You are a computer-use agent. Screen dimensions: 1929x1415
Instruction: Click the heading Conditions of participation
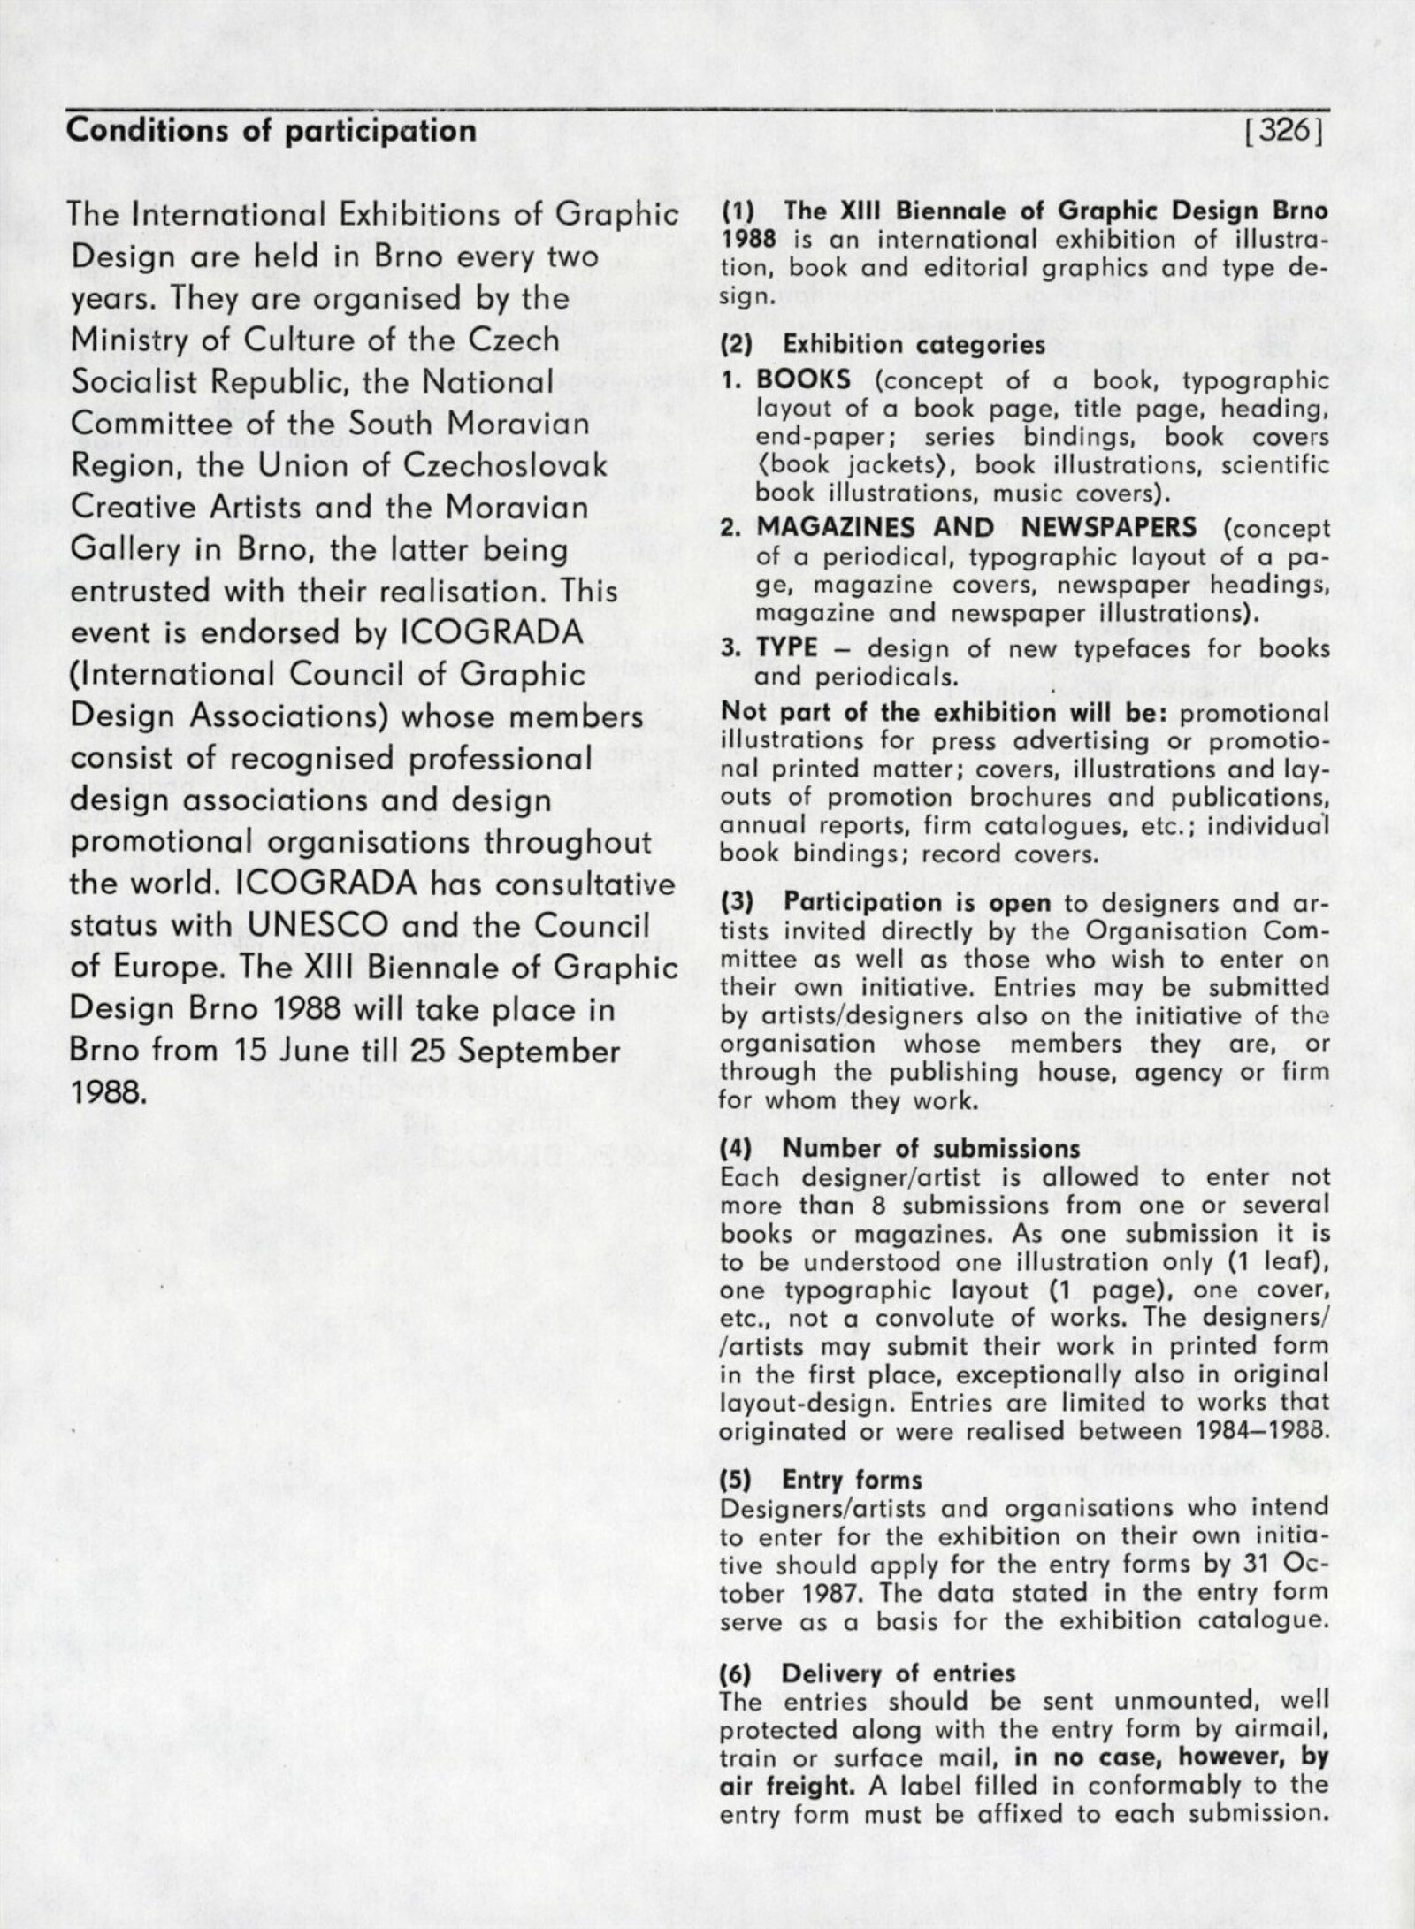point(272,131)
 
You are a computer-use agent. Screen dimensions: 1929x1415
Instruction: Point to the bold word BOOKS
point(804,380)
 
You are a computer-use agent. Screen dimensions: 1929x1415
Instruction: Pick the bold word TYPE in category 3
point(787,647)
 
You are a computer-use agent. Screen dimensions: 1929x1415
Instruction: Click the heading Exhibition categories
point(914,344)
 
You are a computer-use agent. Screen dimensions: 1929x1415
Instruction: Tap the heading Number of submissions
point(931,1149)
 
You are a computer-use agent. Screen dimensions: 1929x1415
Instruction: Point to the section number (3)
point(737,903)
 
